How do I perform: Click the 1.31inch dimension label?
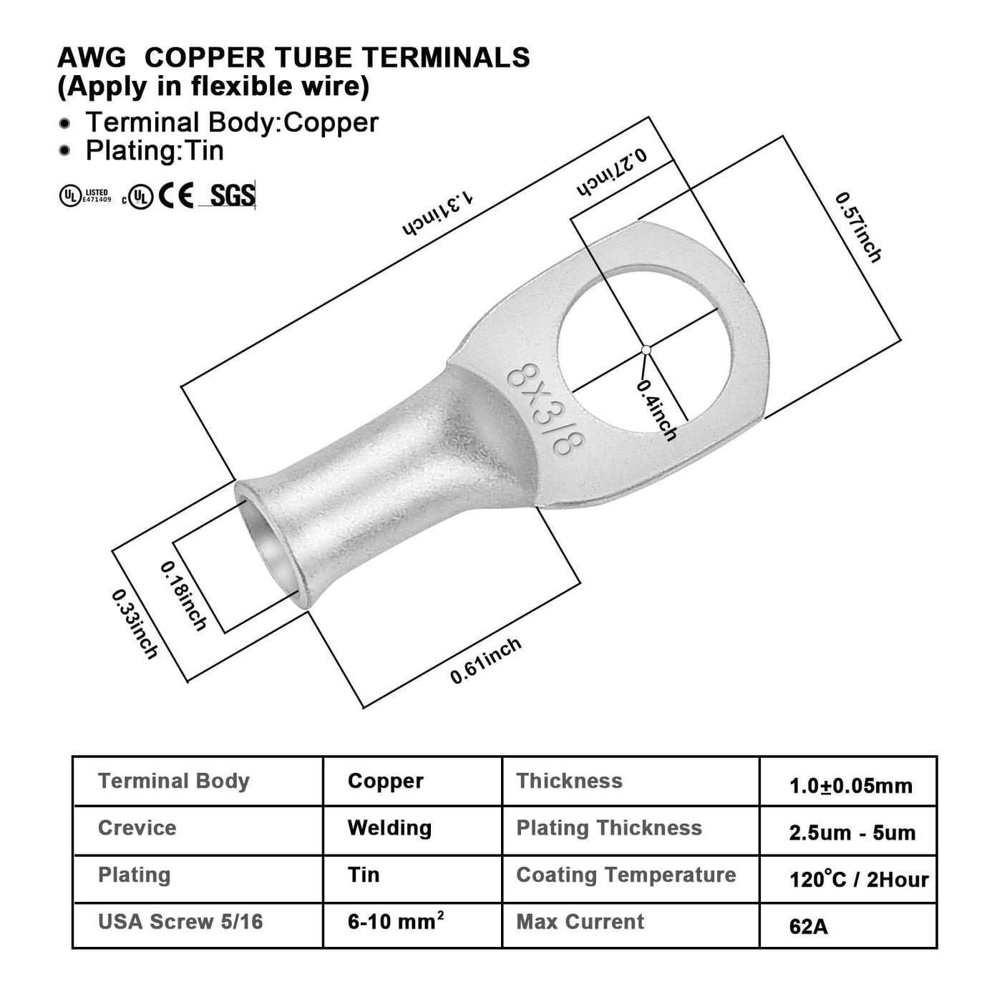(438, 214)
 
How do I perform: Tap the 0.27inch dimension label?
(612, 172)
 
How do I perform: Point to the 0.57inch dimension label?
(858, 227)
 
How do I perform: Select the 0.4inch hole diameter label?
(657, 410)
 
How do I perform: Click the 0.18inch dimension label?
(183, 596)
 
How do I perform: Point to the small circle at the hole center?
(646, 350)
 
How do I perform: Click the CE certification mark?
(176, 196)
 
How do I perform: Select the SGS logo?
(232, 195)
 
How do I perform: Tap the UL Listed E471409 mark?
(84, 196)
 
